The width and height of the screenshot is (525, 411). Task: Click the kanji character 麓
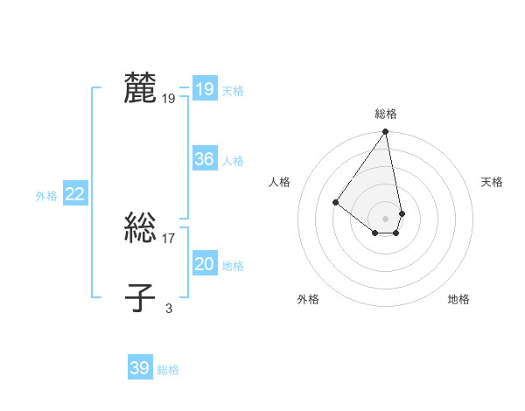(x=140, y=88)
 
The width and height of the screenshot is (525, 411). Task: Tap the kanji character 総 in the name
(x=140, y=229)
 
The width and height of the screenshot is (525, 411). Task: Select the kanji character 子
(x=140, y=297)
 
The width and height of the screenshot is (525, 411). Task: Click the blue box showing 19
(x=204, y=89)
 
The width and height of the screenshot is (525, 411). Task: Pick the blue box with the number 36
(x=204, y=159)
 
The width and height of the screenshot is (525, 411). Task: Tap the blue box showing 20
(x=204, y=264)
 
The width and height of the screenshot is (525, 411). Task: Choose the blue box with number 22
(x=74, y=194)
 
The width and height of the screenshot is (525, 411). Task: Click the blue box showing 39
(x=139, y=368)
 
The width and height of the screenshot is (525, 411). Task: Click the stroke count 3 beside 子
(x=169, y=308)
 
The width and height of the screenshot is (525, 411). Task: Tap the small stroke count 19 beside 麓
(x=169, y=99)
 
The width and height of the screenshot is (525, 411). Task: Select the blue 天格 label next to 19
(x=233, y=91)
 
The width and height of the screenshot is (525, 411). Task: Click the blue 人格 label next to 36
(x=233, y=161)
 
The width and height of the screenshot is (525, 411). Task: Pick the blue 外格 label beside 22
(x=46, y=196)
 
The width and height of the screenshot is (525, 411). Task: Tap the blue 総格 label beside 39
(x=168, y=370)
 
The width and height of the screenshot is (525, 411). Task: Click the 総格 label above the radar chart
(x=386, y=114)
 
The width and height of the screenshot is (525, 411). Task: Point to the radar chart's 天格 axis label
(x=493, y=182)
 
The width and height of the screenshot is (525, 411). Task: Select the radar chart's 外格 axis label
(x=308, y=299)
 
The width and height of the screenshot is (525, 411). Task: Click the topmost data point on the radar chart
(x=386, y=132)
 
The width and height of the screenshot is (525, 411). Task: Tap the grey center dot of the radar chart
(x=386, y=218)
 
